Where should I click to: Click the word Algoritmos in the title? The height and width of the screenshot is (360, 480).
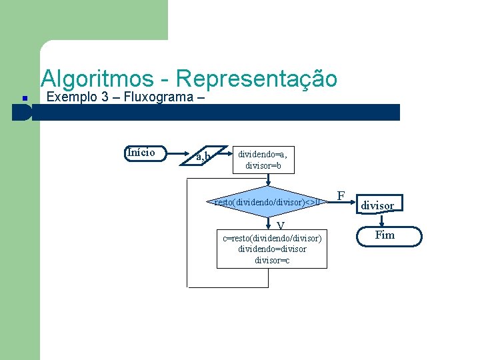point(97,79)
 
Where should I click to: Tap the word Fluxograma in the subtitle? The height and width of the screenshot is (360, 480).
point(158,97)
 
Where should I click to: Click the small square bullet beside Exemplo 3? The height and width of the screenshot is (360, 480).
point(23,99)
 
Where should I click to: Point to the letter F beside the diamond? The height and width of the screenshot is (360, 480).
point(341,195)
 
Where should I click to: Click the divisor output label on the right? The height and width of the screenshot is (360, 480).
point(377,205)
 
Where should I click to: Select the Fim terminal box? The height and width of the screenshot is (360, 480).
point(385,235)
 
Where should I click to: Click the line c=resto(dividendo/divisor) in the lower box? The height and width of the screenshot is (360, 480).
point(272,238)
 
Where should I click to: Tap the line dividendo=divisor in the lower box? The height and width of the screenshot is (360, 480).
point(272,249)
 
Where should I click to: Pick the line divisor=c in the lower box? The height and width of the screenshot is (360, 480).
point(272,259)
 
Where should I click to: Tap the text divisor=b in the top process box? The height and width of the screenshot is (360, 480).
point(263,165)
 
